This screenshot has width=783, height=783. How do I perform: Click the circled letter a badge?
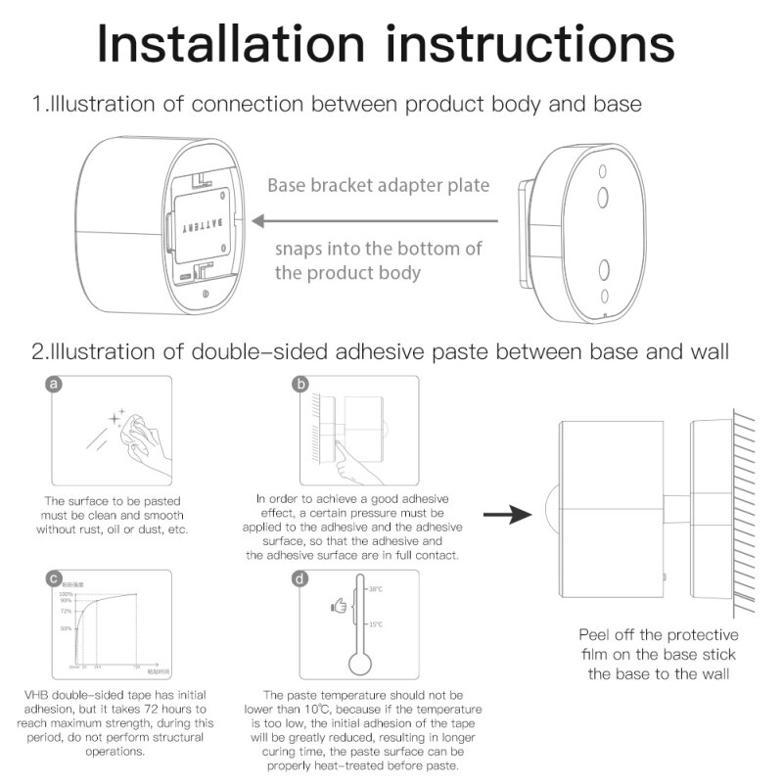(56, 385)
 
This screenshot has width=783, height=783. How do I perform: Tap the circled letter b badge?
(301, 385)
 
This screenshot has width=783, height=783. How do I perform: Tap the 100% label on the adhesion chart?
(66, 595)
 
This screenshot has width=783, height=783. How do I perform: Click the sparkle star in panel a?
(117, 420)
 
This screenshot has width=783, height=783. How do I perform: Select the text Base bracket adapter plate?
(378, 186)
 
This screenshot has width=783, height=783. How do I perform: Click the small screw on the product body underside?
(204, 293)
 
